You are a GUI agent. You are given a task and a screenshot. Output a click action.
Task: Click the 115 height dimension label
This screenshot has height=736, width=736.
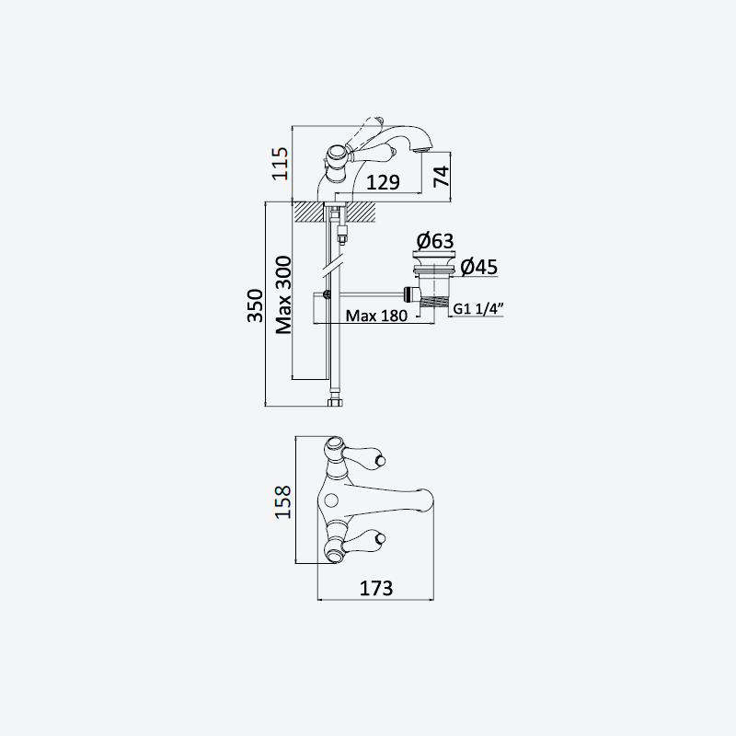tap(281, 164)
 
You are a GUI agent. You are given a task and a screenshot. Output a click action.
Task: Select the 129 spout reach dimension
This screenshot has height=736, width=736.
tap(383, 182)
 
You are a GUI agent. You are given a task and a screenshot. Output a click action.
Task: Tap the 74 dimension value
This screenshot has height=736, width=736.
tap(441, 177)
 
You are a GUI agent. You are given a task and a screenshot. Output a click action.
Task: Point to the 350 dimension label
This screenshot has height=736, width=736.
tap(255, 305)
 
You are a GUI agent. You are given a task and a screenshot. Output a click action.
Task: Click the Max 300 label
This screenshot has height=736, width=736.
tap(283, 294)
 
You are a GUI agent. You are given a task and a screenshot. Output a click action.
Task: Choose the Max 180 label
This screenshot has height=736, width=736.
tap(376, 316)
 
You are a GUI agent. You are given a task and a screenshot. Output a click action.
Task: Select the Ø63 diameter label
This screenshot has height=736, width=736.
tap(435, 241)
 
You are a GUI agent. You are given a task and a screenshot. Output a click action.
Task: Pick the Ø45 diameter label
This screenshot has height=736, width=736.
tap(478, 267)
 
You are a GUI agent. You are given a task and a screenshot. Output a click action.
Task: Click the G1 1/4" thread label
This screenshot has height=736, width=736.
tap(478, 308)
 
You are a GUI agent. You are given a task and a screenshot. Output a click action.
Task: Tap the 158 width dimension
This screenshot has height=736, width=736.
tap(283, 501)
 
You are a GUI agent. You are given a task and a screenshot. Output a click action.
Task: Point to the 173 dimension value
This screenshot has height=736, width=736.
tap(376, 588)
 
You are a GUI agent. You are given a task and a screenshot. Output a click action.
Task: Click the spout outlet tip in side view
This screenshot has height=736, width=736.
tap(422, 148)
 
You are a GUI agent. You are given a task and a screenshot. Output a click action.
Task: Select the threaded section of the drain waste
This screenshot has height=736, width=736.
tap(432, 302)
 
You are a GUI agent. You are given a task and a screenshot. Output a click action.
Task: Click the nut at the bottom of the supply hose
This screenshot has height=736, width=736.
tap(335, 402)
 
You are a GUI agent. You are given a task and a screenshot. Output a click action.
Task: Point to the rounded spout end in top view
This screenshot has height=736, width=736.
tap(426, 500)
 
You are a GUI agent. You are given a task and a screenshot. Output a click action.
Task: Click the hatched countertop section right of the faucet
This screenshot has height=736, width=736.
tap(362, 212)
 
